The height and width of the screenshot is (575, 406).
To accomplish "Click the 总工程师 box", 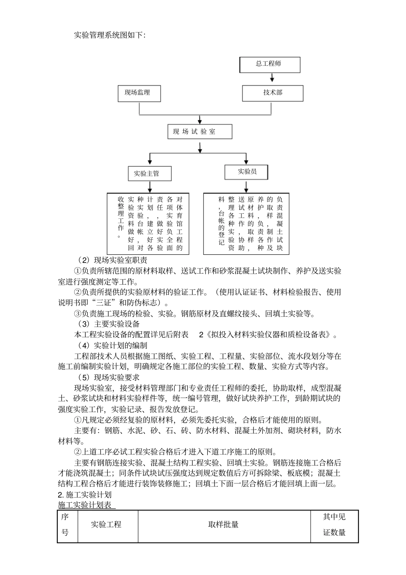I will (269, 64).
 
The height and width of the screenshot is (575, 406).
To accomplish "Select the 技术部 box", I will (273, 93).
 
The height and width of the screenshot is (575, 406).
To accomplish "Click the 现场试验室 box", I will (200, 132).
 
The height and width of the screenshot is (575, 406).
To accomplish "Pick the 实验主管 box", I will (150, 174).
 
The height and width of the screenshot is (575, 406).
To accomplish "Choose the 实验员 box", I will (247, 172).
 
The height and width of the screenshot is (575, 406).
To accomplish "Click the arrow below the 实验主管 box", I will (150, 187).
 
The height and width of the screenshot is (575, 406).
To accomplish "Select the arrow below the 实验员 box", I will (247, 186).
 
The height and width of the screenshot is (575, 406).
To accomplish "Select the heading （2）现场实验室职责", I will (113, 260).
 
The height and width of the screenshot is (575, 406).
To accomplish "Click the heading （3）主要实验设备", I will (109, 324).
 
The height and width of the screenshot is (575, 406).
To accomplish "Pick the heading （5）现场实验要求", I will (109, 377).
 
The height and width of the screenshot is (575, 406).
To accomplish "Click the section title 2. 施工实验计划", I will (85, 495).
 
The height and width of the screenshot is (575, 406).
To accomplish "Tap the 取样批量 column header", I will (224, 525).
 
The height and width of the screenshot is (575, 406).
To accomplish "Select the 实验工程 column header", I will (106, 525).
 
